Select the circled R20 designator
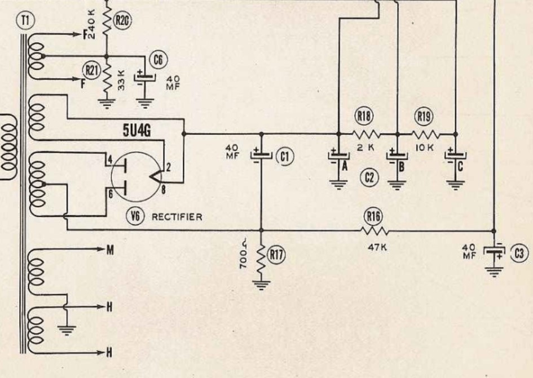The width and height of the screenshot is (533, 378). (x=122, y=21)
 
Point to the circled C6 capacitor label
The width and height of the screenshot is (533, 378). (x=158, y=60)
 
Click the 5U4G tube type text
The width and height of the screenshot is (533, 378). (x=136, y=131)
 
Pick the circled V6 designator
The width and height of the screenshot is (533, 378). (x=135, y=216)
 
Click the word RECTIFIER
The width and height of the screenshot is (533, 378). (x=177, y=217)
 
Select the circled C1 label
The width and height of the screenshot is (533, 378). (x=285, y=157)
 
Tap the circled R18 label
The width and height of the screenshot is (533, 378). (x=364, y=117)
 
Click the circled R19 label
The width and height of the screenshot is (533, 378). (x=424, y=117)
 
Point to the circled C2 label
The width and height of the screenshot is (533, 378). (x=369, y=177)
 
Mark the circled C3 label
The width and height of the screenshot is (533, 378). (x=519, y=254)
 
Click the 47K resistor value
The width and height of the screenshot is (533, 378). (x=377, y=247)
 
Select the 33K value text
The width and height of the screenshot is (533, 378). (x=121, y=80)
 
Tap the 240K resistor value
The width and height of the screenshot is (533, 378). (x=92, y=24)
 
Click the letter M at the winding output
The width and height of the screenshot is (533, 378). (x=110, y=251)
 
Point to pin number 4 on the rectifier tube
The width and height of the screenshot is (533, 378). (x=110, y=159)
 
